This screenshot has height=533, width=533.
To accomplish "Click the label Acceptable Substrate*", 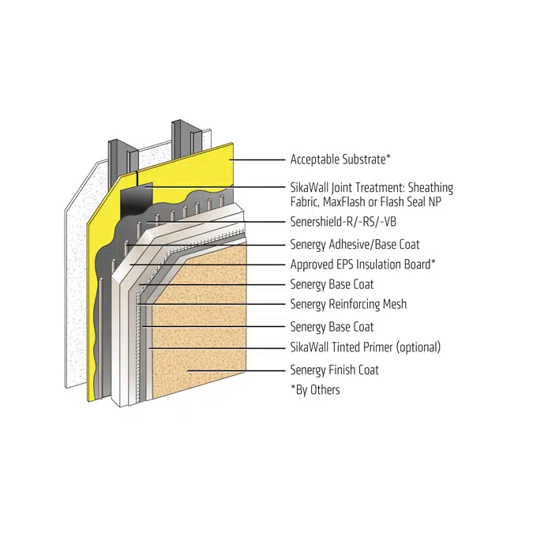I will point(340,160).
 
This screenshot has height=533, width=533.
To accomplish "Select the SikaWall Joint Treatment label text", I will point(371,188).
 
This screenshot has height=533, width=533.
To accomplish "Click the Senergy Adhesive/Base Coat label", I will point(355,245).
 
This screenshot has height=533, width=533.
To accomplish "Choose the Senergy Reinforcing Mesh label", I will point(348,304).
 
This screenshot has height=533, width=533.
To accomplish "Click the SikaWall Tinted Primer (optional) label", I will point(365,347).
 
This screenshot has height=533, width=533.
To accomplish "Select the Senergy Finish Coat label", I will point(334,370).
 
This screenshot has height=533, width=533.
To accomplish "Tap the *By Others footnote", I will point(315,389).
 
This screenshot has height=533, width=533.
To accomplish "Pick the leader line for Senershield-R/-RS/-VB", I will point(213,223).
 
